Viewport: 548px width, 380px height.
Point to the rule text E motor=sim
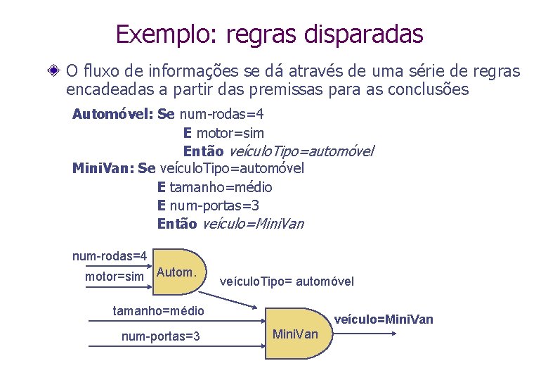(x=223, y=133)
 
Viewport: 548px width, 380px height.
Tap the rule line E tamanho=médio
(x=215, y=187)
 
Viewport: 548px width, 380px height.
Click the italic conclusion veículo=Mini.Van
(x=253, y=224)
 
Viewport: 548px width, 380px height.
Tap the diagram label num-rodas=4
(x=110, y=255)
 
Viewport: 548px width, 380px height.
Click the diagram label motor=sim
(x=115, y=277)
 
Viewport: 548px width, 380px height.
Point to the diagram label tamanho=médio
(x=159, y=310)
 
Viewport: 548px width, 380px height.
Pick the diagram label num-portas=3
(x=161, y=336)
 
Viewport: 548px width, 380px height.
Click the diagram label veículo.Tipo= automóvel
(x=287, y=281)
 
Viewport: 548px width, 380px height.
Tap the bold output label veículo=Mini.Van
(x=384, y=319)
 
